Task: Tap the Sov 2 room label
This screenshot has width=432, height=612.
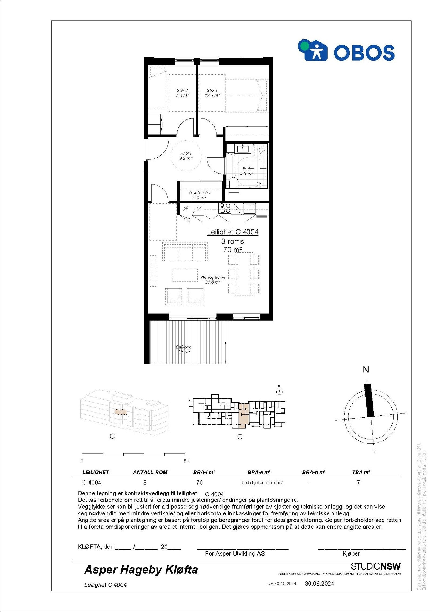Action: pos(182,93)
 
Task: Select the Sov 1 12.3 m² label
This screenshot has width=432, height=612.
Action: pos(212,93)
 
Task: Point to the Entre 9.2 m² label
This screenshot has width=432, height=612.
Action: pos(186,156)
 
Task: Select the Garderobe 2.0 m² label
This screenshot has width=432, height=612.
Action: pos(200,195)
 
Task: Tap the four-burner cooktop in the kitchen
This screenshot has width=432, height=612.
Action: pos(225,208)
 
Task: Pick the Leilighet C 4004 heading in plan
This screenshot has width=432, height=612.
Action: pos(233,232)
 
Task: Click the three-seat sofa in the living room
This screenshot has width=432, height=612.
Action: pos(185,252)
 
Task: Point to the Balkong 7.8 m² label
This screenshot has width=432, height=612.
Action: pos(184,349)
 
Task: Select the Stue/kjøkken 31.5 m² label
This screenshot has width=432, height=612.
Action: pos(212,280)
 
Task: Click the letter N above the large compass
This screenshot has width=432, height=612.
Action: pos(366,370)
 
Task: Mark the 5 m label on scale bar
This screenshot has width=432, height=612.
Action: pos(187,461)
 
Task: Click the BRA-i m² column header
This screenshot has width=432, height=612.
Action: pos(204,472)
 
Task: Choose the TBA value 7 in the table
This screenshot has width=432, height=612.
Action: pos(358,483)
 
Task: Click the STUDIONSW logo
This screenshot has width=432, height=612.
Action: pos(376,566)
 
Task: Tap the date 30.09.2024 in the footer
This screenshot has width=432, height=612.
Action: pos(319,584)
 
